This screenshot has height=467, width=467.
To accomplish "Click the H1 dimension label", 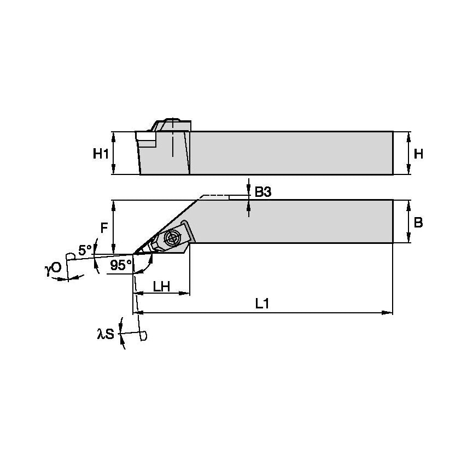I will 100,154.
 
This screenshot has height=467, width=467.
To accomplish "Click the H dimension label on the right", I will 418,154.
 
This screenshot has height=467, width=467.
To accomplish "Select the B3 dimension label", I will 263,192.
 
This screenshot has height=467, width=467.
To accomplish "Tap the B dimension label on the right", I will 418,223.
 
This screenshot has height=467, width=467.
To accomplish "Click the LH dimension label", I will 161,285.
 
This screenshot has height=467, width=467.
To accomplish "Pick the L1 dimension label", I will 263,304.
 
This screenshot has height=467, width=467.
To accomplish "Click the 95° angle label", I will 120,265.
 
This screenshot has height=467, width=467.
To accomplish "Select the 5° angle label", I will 85,250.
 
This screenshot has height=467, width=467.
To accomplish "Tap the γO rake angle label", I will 53,268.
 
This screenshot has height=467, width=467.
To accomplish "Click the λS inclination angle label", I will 106,334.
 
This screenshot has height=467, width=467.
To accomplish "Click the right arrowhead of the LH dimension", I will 186,294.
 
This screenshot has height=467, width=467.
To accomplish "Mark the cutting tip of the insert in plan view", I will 134,254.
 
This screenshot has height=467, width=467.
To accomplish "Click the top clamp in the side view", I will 171,124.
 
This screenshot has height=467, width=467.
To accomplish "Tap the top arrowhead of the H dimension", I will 410,135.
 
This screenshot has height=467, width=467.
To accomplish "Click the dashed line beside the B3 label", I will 215,195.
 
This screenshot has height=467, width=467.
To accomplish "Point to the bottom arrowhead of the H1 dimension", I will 113,171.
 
